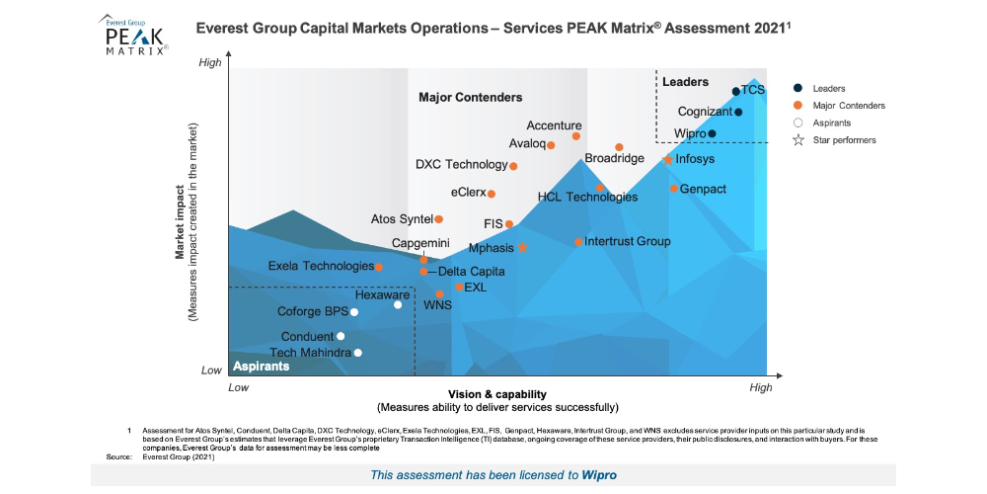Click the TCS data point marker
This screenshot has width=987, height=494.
coord(735,92)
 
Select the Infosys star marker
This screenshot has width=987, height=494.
coord(667,159)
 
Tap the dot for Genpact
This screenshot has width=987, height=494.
coord(673,189)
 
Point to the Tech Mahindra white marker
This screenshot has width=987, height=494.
coord(358,353)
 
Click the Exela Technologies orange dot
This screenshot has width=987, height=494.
coord(379,267)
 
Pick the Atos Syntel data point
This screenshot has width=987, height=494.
coord(439,219)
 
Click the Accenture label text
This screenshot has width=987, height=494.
coord(554,125)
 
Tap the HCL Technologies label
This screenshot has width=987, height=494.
coord(587,198)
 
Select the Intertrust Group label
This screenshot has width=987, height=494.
coord(627,241)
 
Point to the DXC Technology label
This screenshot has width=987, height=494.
coord(461,164)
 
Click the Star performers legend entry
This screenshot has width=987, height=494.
coord(844,140)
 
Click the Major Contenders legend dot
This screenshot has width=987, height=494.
coord(797,105)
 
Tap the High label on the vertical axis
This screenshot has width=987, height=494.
coord(210,63)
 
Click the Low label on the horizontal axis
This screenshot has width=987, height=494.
coord(238,388)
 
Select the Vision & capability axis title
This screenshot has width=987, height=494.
coord(497,394)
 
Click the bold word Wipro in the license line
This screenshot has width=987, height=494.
coord(599,475)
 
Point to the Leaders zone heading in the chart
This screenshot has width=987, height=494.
coord(685,81)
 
